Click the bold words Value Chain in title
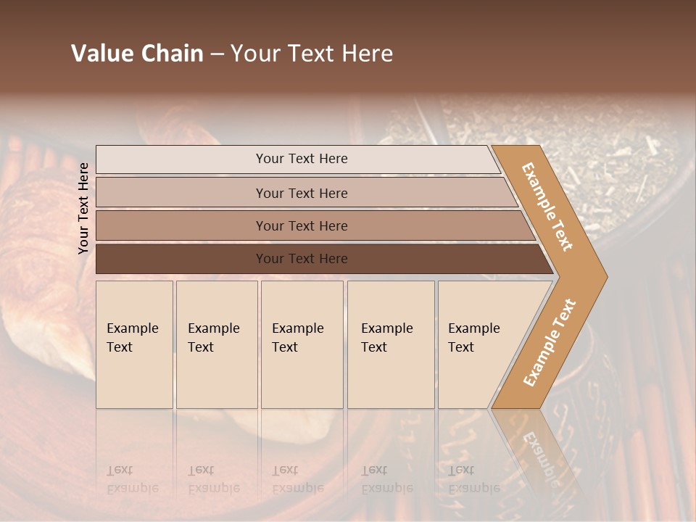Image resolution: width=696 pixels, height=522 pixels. [x=137, y=54]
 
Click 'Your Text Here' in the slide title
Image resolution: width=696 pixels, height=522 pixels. [x=312, y=54]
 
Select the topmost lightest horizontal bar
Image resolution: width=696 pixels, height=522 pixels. [x=301, y=159]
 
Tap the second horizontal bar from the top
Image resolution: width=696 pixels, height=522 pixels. [x=301, y=193]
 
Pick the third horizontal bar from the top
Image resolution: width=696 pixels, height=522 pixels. [x=301, y=225]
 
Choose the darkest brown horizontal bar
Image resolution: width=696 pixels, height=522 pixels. [x=301, y=259]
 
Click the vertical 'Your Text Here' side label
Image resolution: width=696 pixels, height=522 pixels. [x=83, y=208]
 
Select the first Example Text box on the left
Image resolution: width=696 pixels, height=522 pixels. [x=134, y=344]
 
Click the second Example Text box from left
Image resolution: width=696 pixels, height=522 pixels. [x=216, y=344]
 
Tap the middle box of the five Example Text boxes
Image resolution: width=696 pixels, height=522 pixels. [x=302, y=344]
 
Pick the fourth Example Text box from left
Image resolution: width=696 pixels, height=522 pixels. [x=390, y=344]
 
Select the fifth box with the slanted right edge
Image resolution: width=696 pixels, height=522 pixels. [x=478, y=344]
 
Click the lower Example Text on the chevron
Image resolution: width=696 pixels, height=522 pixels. [x=550, y=342]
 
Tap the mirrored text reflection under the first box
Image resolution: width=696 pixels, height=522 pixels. [x=131, y=479]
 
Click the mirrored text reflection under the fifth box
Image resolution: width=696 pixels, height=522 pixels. [x=473, y=479]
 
